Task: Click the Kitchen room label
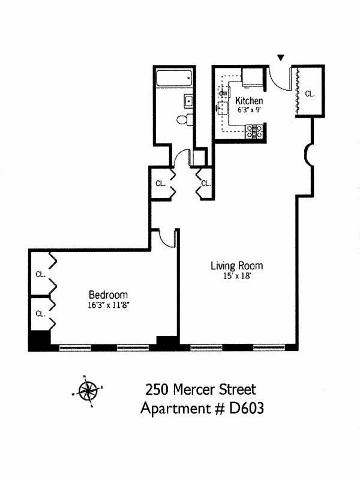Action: tap(249, 100)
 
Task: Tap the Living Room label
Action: tap(236, 265)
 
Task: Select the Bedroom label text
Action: tap(108, 295)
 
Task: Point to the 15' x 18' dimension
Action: tap(236, 277)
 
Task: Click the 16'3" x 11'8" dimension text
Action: tap(108, 305)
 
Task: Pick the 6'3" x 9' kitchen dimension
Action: tap(248, 110)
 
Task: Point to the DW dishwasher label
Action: tap(223, 94)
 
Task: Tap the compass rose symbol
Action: tap(88, 391)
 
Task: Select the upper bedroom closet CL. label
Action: tap(40, 275)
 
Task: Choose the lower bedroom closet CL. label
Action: tap(40, 313)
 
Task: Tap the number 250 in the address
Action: tap(158, 389)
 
